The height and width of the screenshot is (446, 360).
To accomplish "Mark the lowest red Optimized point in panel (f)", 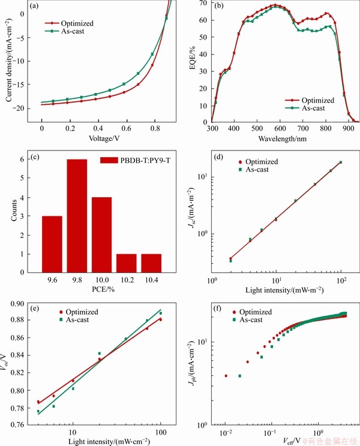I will tap(226, 376).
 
